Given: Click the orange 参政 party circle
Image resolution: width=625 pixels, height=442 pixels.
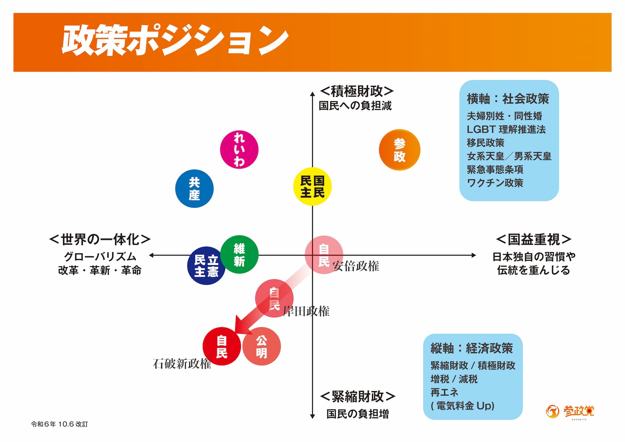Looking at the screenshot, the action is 399,150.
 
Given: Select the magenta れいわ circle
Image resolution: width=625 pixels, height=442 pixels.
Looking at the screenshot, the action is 239,150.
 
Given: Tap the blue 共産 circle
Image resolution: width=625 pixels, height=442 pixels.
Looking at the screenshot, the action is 194,189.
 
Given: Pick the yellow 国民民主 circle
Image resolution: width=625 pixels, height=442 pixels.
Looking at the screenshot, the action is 312,186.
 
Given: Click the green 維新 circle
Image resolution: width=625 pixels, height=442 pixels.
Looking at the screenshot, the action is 239,255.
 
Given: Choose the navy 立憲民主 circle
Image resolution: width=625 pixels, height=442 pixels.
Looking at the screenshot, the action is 206,266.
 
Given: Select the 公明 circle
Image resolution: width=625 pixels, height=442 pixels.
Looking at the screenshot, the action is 261,346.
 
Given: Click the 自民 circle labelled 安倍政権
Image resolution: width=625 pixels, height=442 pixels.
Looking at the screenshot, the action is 324,255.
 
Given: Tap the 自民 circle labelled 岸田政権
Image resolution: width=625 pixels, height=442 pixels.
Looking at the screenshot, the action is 274,298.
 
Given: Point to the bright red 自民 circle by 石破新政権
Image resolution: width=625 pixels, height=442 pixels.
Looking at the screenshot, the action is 222,346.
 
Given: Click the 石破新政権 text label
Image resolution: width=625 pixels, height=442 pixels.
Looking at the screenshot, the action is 182,364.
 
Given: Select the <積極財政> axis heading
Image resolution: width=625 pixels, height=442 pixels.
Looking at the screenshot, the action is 357,91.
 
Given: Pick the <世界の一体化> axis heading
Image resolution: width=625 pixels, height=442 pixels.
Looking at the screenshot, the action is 100,239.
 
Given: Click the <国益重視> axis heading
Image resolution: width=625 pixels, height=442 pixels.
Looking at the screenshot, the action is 534,239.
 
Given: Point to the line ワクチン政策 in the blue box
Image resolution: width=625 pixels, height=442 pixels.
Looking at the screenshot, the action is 495,183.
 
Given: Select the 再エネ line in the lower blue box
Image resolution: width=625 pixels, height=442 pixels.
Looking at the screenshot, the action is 444,392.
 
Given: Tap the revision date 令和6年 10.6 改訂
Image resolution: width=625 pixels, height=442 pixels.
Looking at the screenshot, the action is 59,424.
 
